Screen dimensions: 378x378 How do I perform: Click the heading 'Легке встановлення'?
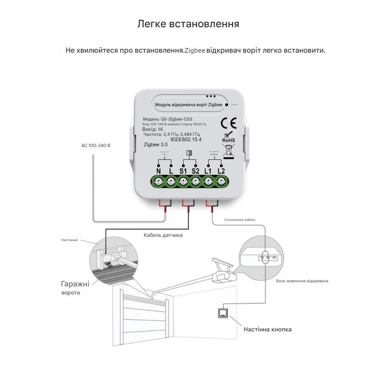click(188, 24)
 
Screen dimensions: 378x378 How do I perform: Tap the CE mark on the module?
click(228, 123)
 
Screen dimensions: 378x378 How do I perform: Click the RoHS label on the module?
click(228, 140)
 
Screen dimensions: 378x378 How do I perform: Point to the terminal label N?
click(158, 171)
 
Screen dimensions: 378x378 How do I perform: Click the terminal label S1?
click(183, 171)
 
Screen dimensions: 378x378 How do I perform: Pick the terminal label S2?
click(195, 171)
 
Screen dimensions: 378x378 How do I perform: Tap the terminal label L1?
click(208, 171)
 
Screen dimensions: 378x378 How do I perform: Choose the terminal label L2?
click(221, 171)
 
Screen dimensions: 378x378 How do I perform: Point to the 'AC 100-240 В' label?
click(96, 145)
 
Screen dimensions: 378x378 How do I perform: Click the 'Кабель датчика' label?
click(163, 235)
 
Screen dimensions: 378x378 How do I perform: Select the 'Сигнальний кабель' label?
click(240, 219)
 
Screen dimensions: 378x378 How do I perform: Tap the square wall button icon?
click(223, 313)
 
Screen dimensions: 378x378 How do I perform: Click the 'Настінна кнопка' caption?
click(268, 329)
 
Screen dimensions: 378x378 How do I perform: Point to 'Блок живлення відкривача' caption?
click(302, 281)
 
